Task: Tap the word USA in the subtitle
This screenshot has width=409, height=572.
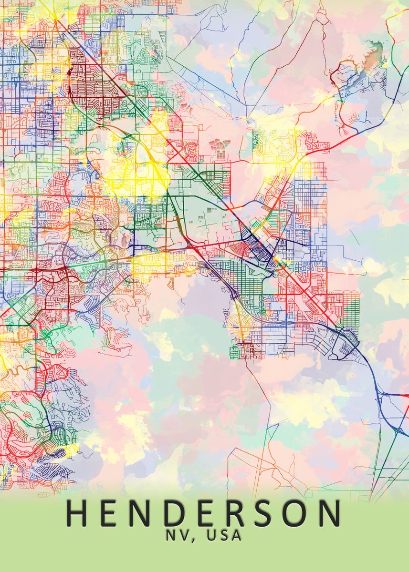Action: pyautogui.click(x=225, y=536)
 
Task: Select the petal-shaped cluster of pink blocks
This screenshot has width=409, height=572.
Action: pyautogui.click(x=219, y=144)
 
